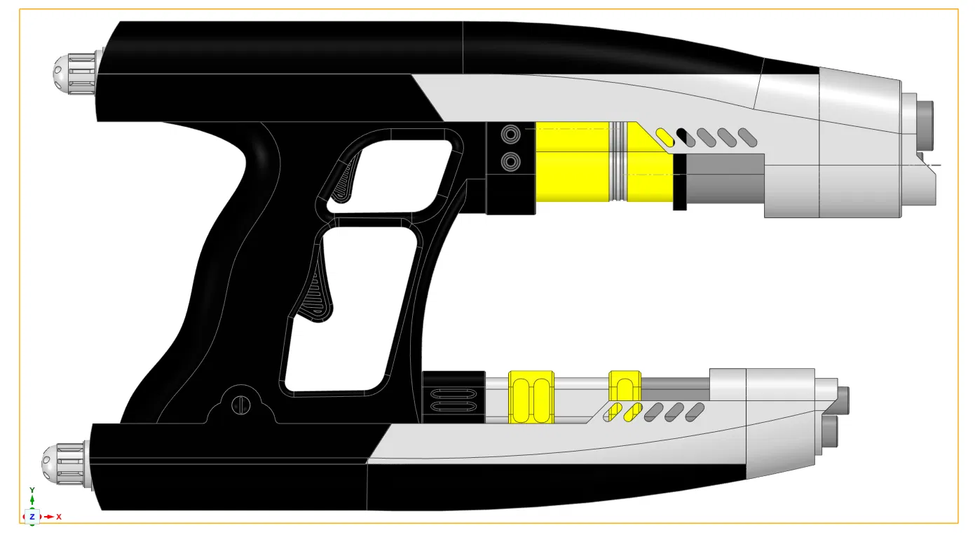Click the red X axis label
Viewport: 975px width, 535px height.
click(59, 517)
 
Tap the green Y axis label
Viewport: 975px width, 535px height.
click(32, 490)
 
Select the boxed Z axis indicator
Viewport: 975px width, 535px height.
click(32, 517)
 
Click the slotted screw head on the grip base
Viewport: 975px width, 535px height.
click(240, 405)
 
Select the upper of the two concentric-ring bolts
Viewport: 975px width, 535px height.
click(510, 134)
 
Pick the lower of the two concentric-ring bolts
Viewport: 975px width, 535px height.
click(510, 163)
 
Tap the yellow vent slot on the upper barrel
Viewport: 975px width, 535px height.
click(664, 137)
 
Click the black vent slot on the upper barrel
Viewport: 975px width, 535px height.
click(686, 137)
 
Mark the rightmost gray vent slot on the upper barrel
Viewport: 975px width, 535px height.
click(748, 137)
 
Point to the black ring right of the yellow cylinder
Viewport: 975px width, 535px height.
click(679, 182)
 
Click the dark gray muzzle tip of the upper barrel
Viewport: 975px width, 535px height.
click(925, 125)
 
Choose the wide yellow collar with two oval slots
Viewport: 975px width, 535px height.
click(531, 397)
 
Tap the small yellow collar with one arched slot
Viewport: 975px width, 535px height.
click(625, 386)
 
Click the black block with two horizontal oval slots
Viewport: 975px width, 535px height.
click(454, 397)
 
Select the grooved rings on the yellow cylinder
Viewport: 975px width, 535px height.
click(618, 161)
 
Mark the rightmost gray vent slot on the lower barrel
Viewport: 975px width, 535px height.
click(695, 412)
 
